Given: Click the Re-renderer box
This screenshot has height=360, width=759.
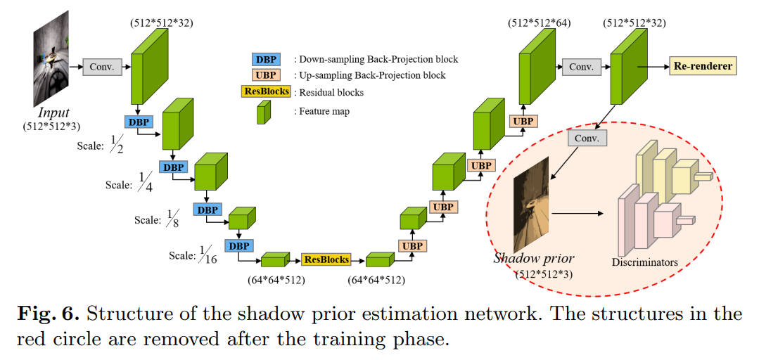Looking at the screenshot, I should pos(703,67).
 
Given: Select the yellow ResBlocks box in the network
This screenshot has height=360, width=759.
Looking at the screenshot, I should pos(326,259).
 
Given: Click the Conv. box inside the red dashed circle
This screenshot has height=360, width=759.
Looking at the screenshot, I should pos(587,138).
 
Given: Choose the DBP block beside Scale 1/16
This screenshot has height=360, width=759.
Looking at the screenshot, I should pos(239,245).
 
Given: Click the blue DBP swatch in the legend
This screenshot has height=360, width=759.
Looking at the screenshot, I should pos(267,59).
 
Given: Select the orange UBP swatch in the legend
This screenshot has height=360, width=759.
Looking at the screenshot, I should pos(267,75).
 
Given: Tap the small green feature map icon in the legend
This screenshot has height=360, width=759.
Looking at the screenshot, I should pos(264,112).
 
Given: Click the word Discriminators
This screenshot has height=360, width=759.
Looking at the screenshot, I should pos(644,262).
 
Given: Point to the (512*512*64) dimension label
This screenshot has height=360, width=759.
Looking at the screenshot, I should pos(539,23).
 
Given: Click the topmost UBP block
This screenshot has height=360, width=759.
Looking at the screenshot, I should pos(523,121).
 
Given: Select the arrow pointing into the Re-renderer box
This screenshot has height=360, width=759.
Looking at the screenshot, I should pos(653,67).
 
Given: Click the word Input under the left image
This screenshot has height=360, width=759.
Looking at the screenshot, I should pos(54,113).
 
